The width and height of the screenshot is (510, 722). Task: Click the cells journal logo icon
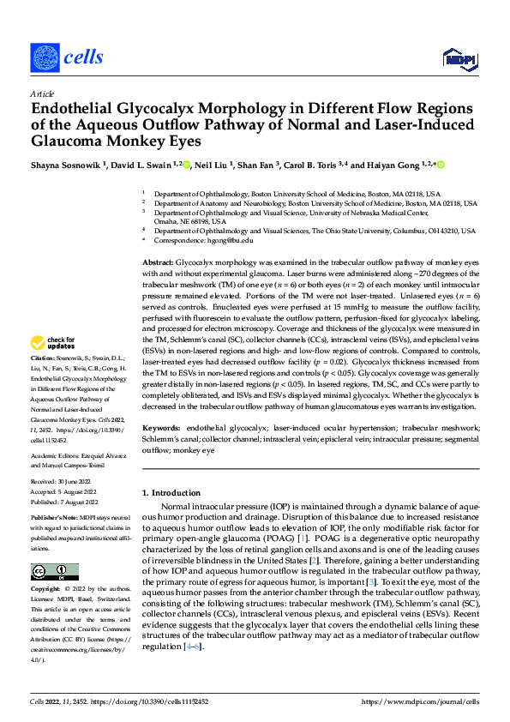[x=45, y=57]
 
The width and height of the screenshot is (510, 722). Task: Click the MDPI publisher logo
[x=458, y=57]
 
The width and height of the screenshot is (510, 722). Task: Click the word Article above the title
[x=42, y=93]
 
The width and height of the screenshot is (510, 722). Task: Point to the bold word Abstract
[x=157, y=261]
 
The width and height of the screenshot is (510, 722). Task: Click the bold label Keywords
[x=162, y=427]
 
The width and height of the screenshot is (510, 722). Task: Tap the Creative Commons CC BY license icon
[x=54, y=572]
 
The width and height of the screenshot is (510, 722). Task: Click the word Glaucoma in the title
[x=69, y=141]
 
